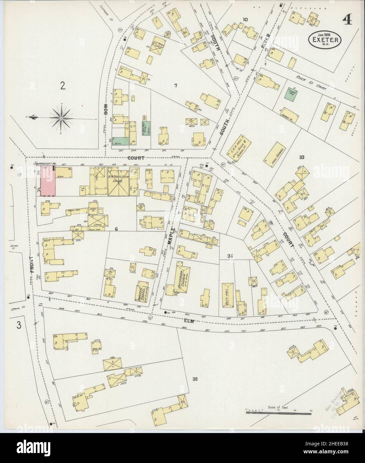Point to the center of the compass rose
(62, 117)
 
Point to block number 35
(195, 378)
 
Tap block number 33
(302, 157)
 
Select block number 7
(176, 86)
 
